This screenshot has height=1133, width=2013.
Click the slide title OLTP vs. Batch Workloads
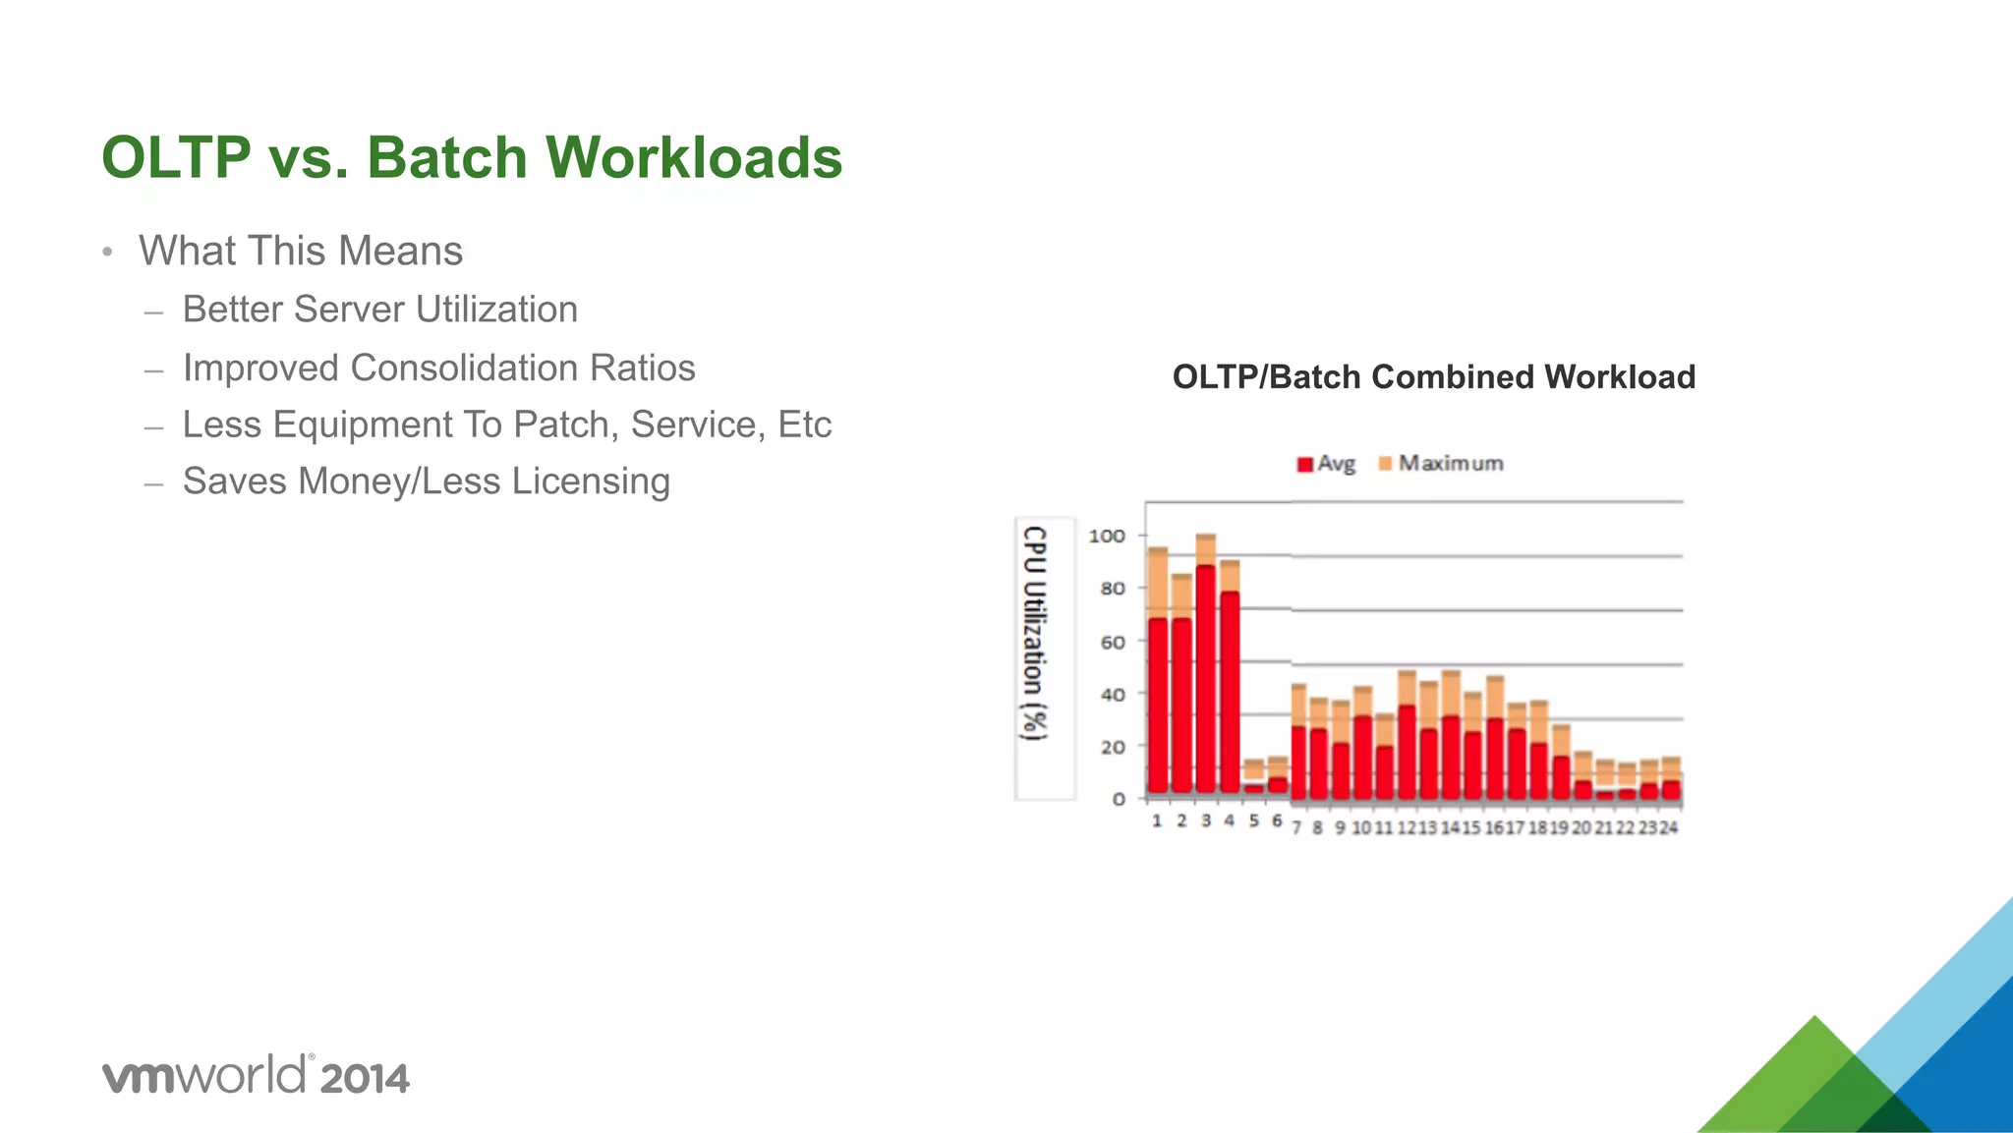(472, 157)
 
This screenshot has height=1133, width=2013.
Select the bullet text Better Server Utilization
(379, 310)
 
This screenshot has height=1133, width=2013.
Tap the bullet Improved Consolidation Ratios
(438, 368)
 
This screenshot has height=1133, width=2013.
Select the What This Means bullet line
(300, 251)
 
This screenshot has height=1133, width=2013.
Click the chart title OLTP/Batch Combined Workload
(1433, 377)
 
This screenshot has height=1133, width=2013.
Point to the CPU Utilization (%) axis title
(1034, 633)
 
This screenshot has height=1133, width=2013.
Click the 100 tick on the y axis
(1107, 537)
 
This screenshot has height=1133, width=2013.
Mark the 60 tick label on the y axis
(1113, 643)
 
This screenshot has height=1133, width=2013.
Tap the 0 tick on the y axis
(1119, 800)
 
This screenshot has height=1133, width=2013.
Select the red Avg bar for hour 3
(1206, 678)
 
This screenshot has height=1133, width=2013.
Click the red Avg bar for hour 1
(1158, 706)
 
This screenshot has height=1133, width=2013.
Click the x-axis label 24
(1669, 828)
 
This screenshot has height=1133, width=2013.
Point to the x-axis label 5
(1254, 821)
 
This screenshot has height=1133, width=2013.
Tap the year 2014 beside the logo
(364, 1079)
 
